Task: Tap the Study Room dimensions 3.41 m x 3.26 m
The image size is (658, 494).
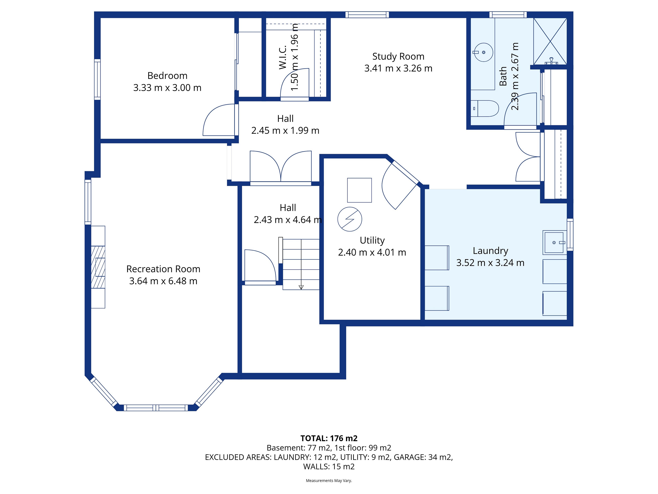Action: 398,68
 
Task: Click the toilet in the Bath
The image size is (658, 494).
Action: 485,108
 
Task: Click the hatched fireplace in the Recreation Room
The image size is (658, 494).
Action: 98,267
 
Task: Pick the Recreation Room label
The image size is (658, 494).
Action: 163,269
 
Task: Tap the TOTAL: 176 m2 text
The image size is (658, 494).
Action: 329,438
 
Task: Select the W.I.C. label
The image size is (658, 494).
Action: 283,57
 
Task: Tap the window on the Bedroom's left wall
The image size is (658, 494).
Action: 97,79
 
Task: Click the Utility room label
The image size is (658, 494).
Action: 372,240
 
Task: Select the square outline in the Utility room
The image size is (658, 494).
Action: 359,190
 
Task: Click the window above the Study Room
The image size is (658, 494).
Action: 367,15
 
